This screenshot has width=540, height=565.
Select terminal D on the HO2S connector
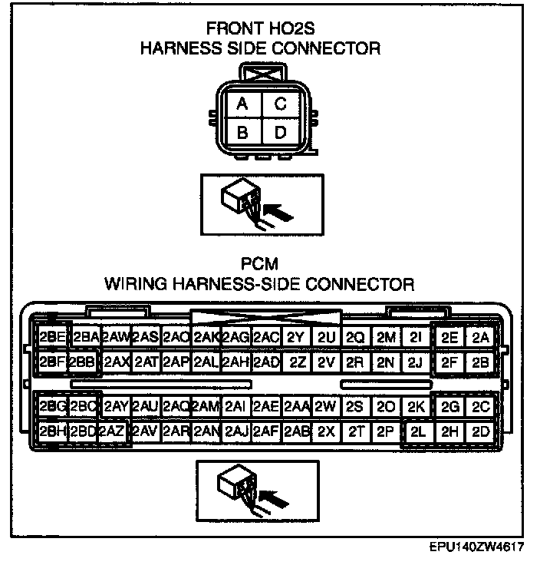(280, 133)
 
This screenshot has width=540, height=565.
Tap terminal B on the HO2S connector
(242, 133)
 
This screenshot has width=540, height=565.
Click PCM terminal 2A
(481, 338)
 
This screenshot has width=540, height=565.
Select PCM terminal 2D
(481, 431)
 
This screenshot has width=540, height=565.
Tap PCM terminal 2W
(325, 407)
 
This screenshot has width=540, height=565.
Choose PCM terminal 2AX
(116, 362)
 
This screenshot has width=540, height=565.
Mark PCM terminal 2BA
(85, 338)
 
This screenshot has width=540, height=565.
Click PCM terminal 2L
(418, 431)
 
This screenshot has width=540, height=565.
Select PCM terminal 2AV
(146, 431)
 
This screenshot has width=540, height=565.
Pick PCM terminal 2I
(417, 338)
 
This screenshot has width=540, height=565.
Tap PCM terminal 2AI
(235, 407)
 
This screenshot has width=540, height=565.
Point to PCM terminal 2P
(385, 431)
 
